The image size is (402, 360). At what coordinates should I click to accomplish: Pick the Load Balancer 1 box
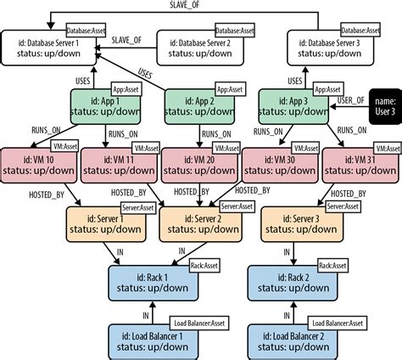(x=156, y=340)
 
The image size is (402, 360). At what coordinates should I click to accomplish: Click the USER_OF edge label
(x=350, y=99)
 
